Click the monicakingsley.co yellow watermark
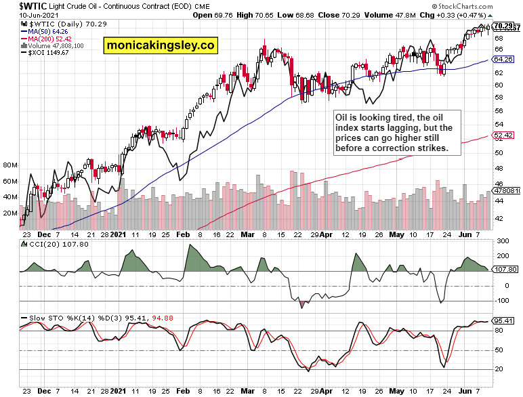160,46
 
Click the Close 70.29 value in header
342,14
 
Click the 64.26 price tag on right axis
502,60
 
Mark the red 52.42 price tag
502,136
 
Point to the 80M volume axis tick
9,165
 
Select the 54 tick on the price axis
499,125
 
